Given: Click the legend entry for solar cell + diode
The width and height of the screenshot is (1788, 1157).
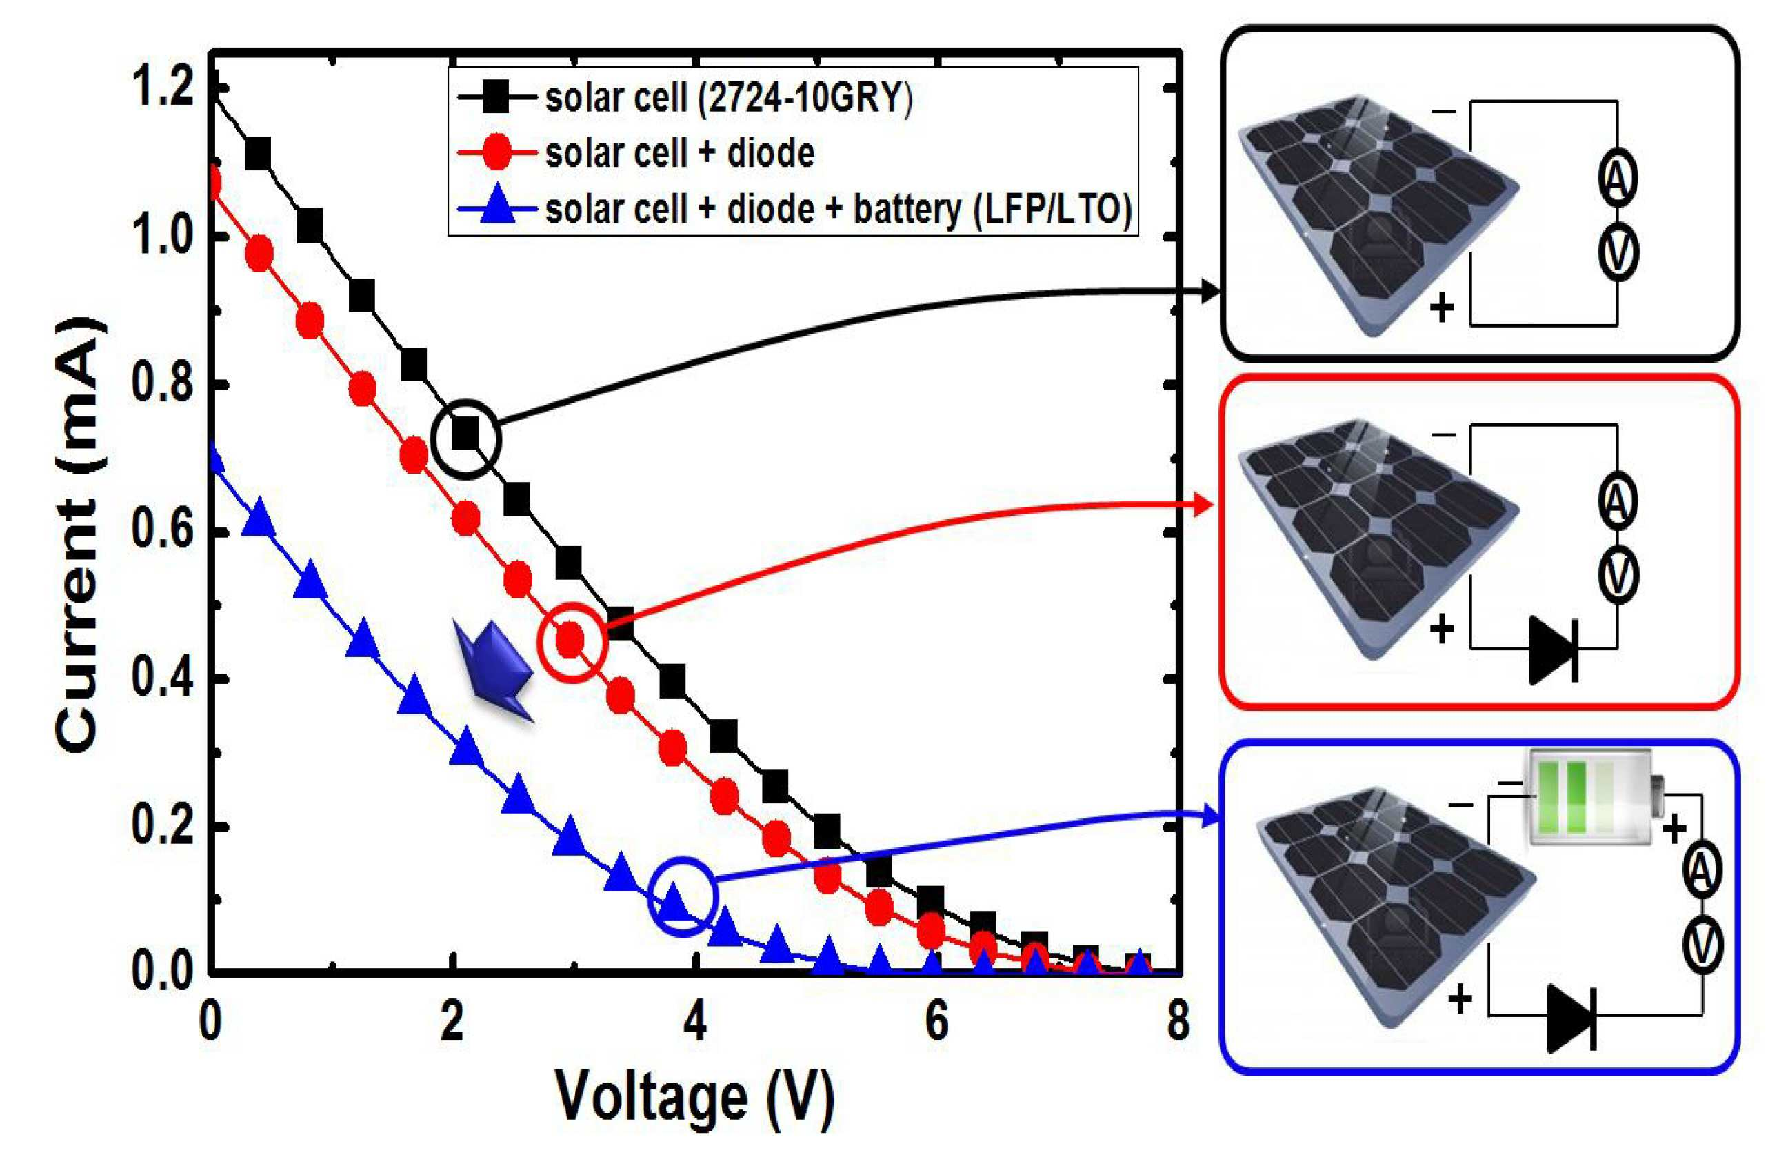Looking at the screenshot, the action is [680, 153].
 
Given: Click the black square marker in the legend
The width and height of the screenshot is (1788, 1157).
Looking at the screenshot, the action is [496, 98].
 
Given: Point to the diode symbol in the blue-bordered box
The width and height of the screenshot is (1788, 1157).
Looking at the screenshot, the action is [1571, 1019].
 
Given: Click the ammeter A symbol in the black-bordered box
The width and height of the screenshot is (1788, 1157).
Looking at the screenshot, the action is [1617, 177].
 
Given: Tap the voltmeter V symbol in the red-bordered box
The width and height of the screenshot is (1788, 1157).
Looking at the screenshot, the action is [1618, 576].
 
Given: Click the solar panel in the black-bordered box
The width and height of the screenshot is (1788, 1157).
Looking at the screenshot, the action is [1378, 214].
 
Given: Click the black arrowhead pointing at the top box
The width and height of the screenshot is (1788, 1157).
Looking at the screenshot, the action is [1209, 291].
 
